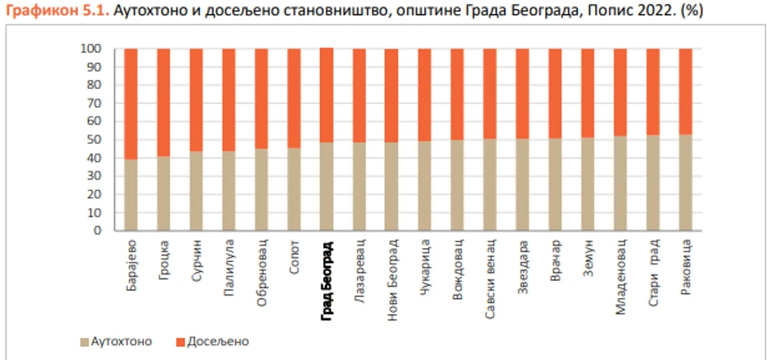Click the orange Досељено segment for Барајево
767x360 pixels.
pos(131,104)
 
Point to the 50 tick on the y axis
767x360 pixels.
pos(95,140)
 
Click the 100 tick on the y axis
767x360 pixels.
pos(91,49)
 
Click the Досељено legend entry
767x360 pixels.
pos(211,340)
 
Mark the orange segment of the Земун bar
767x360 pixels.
pos(587,93)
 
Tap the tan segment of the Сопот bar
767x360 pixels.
pos(294,189)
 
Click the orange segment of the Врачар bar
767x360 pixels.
pos(555,93)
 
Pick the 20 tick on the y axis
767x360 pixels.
pos(95,194)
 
